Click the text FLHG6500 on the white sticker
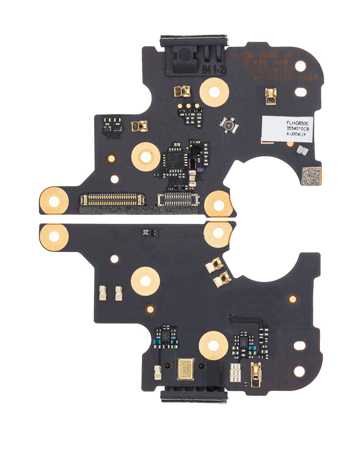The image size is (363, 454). click(296, 123)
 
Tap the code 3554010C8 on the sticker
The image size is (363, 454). click(298, 129)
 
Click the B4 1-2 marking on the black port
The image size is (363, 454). click(213, 70)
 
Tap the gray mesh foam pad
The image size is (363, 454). click(311, 176)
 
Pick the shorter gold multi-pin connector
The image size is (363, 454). click(178, 199)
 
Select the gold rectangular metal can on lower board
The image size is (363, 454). click(185, 369)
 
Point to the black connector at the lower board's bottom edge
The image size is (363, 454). click(194, 396)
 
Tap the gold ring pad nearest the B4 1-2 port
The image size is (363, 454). click(214, 92)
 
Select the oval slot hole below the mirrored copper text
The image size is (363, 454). click(300, 92)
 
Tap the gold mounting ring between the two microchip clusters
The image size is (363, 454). click(213, 345)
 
